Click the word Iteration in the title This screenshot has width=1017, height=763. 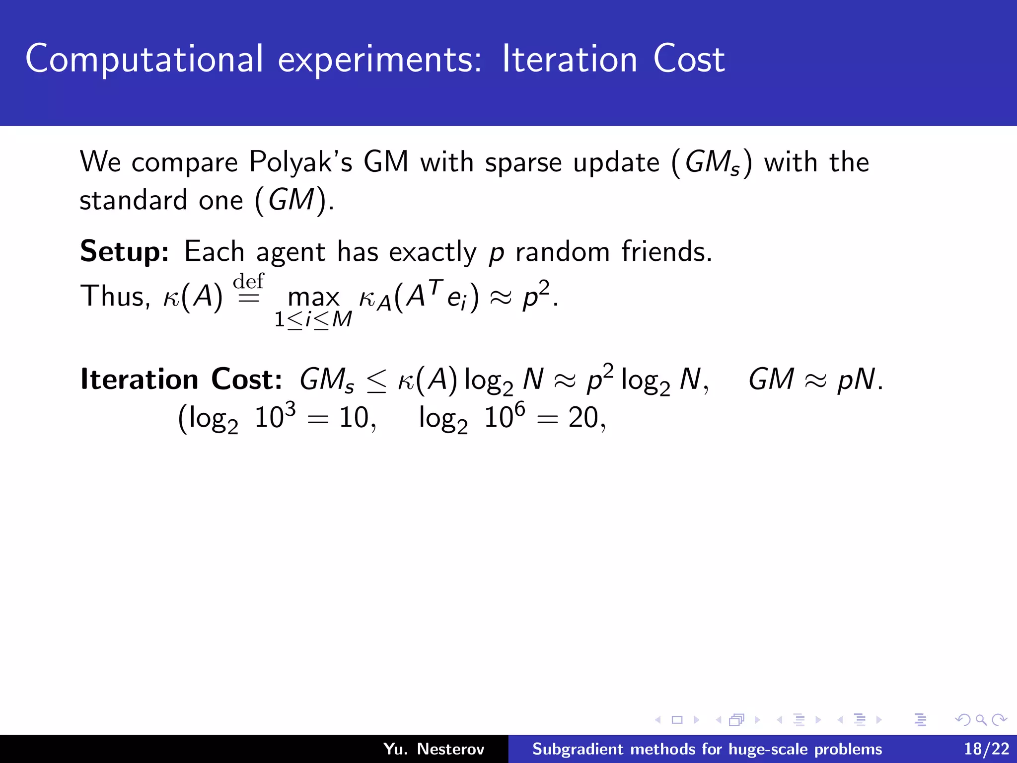(569, 60)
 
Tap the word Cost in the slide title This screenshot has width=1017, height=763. (689, 60)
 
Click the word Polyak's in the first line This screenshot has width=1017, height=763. (300, 163)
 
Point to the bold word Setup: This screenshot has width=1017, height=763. (125, 252)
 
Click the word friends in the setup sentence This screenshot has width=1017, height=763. (666, 251)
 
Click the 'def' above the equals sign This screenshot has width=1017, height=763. (248, 281)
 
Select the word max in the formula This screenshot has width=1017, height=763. (313, 298)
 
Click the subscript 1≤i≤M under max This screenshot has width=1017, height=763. (313, 319)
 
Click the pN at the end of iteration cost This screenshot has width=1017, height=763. (856, 380)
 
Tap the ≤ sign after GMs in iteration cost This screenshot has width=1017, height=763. (376, 381)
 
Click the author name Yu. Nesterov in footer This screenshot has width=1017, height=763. (434, 749)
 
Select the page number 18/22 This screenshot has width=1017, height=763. (986, 749)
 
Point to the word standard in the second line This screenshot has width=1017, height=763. (134, 200)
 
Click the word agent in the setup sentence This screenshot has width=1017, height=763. (291, 252)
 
